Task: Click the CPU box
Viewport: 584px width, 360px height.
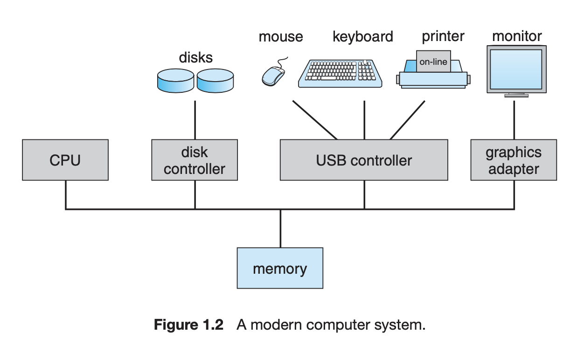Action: [x=65, y=160]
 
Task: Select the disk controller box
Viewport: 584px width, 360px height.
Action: [x=195, y=160]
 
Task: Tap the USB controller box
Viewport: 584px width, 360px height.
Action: [x=364, y=160]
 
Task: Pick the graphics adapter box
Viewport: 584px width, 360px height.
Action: [x=514, y=160]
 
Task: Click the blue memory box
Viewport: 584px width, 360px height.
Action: [x=280, y=268]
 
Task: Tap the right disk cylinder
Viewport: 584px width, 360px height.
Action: [x=215, y=80]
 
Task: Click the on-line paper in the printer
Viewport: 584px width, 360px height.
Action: [x=433, y=61]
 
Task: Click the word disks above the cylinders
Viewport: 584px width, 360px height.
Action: [x=195, y=57]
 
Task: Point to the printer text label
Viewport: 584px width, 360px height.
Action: [x=443, y=36]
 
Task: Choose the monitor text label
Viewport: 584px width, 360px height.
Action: [x=517, y=36]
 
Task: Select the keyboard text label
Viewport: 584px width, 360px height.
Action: [x=362, y=36]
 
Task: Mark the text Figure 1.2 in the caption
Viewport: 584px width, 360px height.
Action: [x=189, y=325]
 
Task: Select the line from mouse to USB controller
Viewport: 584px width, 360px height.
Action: [x=314, y=120]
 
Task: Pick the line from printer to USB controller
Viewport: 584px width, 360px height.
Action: [x=408, y=120]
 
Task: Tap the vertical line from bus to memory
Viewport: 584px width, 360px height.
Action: [x=280, y=228]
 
